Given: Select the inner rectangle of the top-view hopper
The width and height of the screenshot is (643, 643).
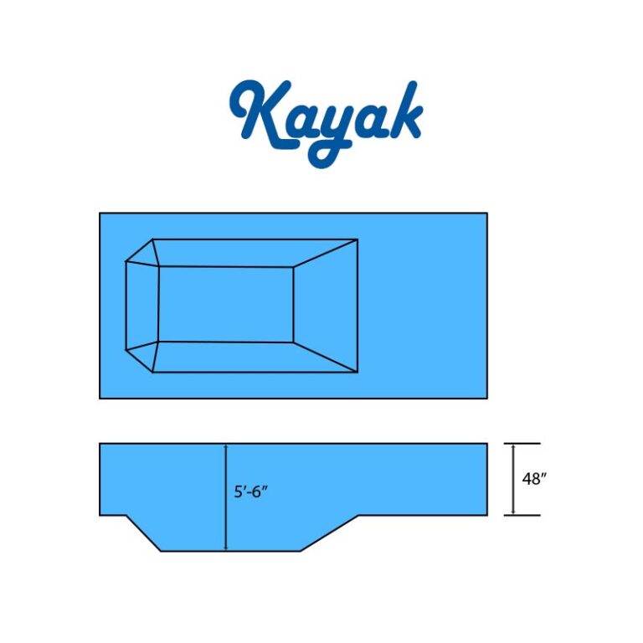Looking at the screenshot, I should click(x=225, y=304).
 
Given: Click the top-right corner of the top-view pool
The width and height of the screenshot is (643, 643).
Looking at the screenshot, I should click(x=486, y=213).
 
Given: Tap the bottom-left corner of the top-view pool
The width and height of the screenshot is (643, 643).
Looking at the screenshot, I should click(x=100, y=398).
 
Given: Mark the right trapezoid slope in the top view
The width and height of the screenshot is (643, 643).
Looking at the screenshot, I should click(x=327, y=306).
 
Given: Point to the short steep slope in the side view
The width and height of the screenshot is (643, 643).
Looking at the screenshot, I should click(x=143, y=533).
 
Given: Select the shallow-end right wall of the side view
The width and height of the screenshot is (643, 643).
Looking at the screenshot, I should click(x=486, y=479).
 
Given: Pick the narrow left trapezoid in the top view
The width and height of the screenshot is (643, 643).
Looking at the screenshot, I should click(x=141, y=304).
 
